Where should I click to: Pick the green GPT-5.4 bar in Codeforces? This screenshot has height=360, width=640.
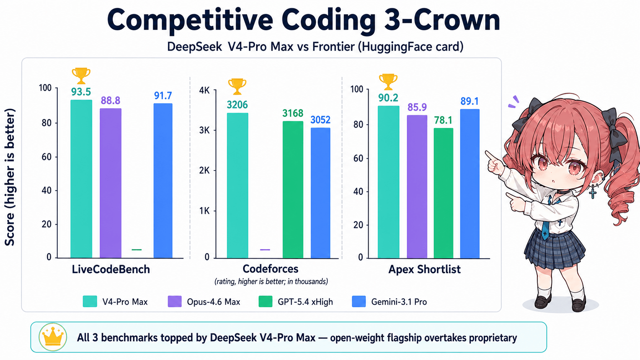[x=293, y=189]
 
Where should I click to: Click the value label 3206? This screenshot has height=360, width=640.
[x=237, y=105]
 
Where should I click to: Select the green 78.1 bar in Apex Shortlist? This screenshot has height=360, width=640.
[x=443, y=193]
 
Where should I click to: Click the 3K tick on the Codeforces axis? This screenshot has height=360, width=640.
[x=204, y=130]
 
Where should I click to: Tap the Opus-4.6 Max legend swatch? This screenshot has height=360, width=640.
[x=175, y=301]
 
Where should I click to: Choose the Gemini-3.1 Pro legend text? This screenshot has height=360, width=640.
[x=399, y=302]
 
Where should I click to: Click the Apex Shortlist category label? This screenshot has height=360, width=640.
[x=424, y=269]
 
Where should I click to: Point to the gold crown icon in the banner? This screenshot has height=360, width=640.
[x=53, y=337]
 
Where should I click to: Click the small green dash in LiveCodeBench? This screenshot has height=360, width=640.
[x=137, y=250]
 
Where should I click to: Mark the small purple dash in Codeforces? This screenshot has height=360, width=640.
[x=265, y=250]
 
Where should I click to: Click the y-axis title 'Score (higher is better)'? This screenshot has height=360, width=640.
[x=10, y=177]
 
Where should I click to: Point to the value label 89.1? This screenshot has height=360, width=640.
[x=469, y=101]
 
